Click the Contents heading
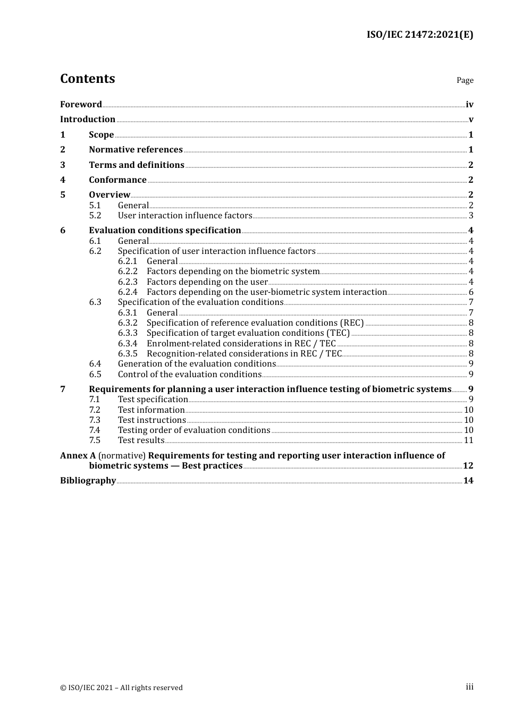point(87,79)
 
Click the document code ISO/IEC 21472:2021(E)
point(419,35)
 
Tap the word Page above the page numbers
point(465,80)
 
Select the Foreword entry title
point(81,105)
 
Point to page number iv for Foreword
point(469,105)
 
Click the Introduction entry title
point(88,120)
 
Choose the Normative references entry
point(136,150)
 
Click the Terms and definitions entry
point(137,165)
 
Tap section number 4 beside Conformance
point(63,180)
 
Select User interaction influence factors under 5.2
point(185,216)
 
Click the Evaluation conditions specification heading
point(165,231)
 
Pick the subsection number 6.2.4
point(128,292)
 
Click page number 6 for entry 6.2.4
point(471,292)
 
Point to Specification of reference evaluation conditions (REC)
point(255,323)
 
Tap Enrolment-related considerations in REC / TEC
point(241,344)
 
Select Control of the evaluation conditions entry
point(190,375)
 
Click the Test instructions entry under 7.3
point(152,420)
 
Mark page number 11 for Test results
point(468,440)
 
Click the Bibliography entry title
point(88,481)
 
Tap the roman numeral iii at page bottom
point(469,687)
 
